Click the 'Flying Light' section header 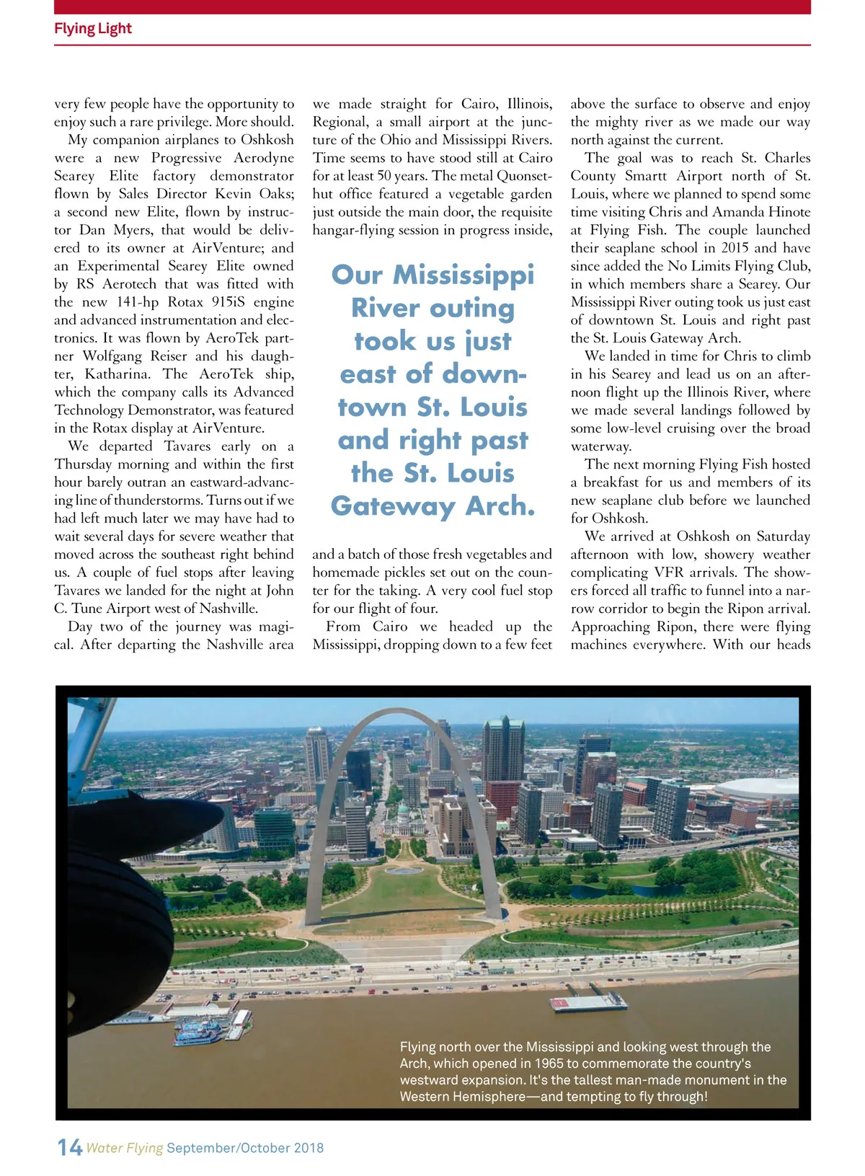click(93, 29)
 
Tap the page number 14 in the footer click(69, 1147)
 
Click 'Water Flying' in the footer click(124, 1148)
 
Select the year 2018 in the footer click(309, 1148)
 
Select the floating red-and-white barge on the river click(587, 1002)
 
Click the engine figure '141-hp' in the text click(135, 302)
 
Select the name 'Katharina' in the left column click(117, 374)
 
